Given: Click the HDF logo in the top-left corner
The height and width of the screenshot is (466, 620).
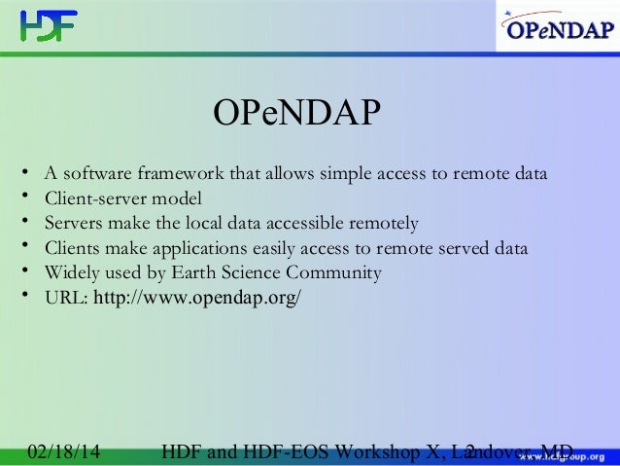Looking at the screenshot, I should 48,25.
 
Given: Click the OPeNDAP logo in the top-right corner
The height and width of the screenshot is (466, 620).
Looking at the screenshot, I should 557,30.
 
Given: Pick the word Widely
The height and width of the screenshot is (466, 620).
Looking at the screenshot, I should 71,272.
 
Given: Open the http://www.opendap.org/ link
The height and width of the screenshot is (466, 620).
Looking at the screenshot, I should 196,297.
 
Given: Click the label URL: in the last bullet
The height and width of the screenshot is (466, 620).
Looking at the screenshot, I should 66,298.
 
